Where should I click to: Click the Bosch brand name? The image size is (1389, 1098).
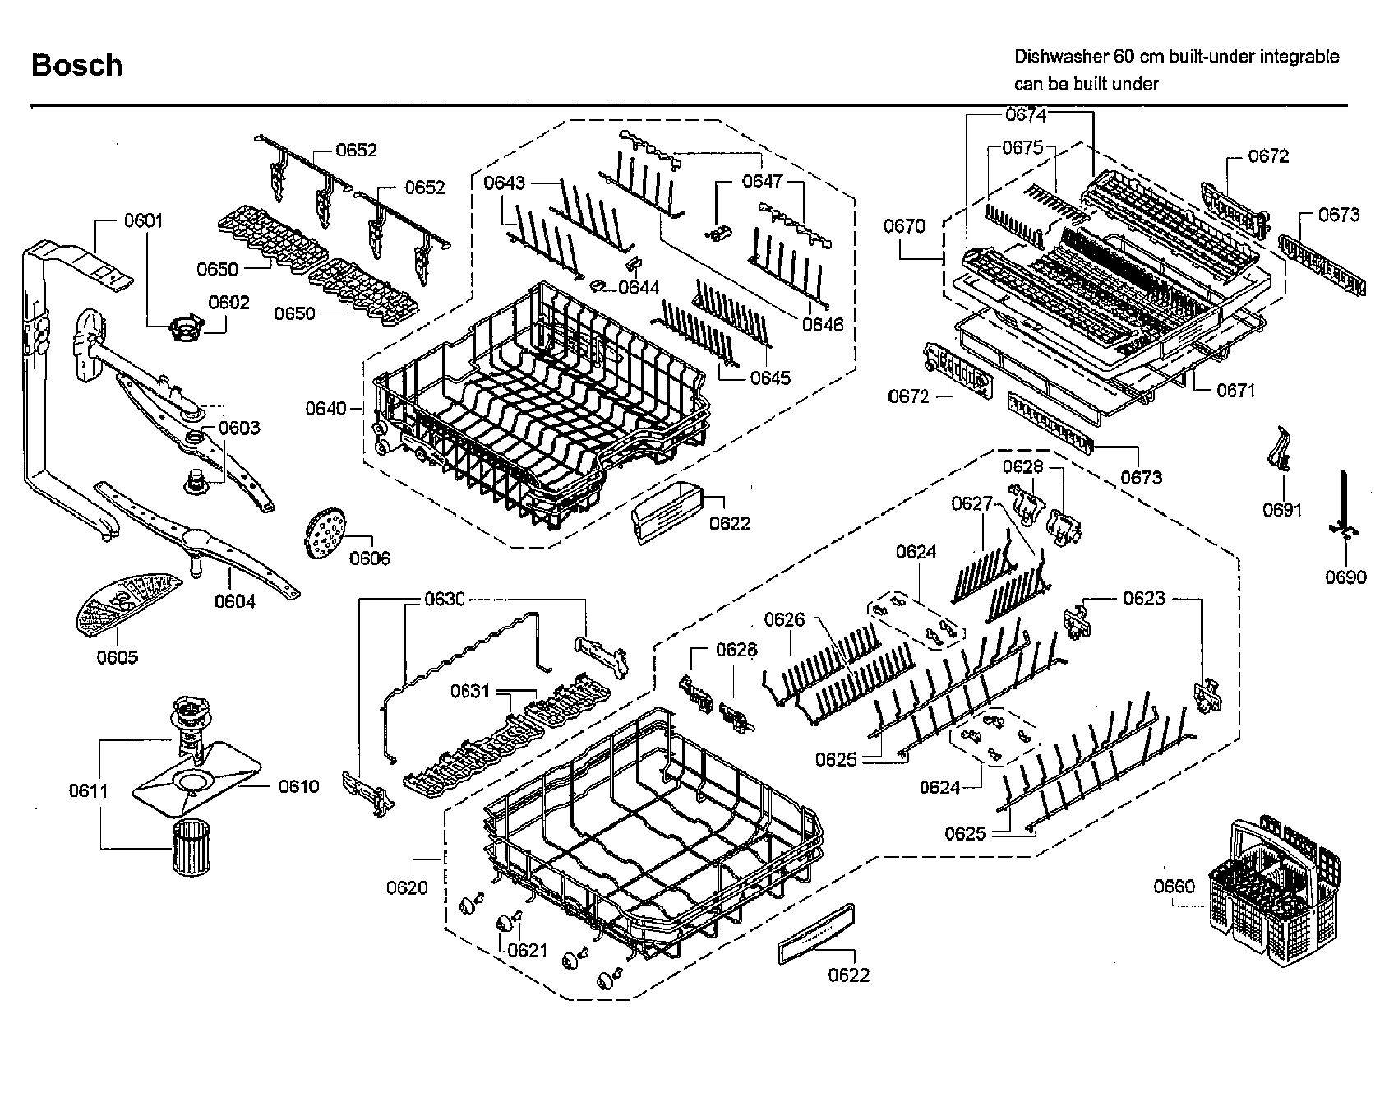(76, 65)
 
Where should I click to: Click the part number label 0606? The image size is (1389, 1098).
(370, 558)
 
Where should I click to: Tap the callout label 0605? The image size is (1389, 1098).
(117, 656)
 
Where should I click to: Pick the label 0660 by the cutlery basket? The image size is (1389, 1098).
(1174, 886)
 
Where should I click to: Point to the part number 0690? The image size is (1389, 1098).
(1345, 577)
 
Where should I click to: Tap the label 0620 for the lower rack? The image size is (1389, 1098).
(407, 887)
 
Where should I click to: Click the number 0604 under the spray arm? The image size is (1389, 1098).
(235, 601)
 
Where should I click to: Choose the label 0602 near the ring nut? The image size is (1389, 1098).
(228, 302)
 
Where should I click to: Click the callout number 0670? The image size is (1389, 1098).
(904, 225)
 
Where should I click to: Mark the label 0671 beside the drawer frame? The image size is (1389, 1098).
(1235, 390)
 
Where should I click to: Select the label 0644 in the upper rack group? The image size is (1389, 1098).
(639, 287)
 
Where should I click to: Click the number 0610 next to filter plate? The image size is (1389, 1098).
(298, 786)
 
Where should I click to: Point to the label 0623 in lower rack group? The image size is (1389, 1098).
(1144, 598)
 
